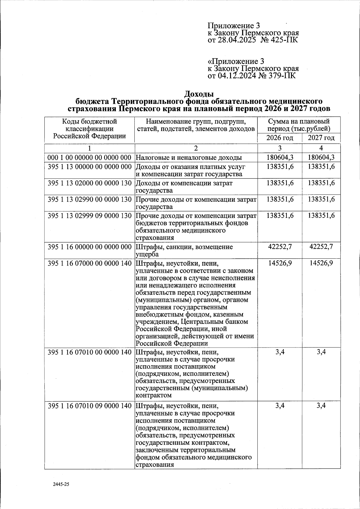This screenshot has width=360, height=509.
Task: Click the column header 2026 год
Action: click(280, 138)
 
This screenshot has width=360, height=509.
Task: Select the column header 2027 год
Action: click(321, 138)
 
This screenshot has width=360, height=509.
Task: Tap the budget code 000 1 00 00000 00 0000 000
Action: click(90, 158)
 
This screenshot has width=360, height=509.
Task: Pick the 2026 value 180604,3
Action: click(280, 158)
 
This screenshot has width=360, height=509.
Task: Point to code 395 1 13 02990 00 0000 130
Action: click(90, 199)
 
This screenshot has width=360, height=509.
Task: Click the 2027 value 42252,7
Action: click(321, 247)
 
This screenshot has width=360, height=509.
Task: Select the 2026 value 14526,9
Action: click(280, 263)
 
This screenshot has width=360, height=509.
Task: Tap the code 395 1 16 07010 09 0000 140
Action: click(90, 406)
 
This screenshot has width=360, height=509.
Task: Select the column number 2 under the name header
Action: click(196, 148)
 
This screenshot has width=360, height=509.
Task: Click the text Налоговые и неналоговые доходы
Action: click(189, 158)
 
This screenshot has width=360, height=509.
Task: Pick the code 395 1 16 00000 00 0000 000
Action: click(90, 247)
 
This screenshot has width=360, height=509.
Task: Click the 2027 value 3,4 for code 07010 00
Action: click(321, 352)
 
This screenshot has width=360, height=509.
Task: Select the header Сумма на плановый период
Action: click(299, 125)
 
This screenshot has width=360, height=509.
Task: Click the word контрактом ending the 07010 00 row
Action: click(154, 395)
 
